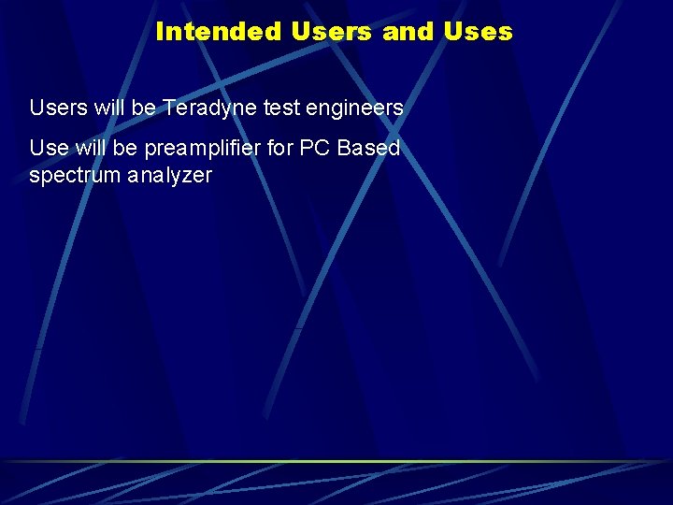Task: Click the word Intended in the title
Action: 219,32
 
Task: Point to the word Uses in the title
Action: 479,32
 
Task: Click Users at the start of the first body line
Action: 57,108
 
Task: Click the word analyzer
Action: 171,176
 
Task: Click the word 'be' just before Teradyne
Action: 144,108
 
